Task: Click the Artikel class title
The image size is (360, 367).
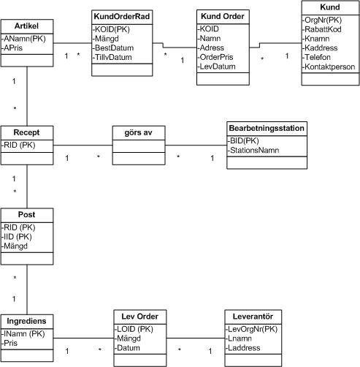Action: point(26,26)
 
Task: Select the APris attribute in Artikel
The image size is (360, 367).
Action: point(12,48)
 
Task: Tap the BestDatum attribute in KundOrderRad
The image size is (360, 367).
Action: point(113,48)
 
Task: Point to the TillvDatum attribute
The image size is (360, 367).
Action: point(112,58)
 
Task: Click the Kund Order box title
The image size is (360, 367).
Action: point(223,16)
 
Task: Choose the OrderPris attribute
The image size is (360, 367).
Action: point(215,57)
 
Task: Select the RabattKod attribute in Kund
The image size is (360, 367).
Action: point(322,29)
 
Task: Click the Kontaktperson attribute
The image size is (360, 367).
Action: point(329,67)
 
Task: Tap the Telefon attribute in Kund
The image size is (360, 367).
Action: point(316,57)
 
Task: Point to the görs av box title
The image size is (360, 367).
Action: point(138,132)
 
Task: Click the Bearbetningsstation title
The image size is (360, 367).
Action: point(267,128)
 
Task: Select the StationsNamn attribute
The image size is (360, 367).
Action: point(253,151)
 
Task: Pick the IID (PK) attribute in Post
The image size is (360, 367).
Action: point(17,237)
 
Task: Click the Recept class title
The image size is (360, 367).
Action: point(26,132)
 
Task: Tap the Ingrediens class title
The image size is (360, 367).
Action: point(26,321)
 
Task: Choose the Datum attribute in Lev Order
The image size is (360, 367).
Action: point(127,348)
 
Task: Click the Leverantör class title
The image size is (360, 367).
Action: point(253,317)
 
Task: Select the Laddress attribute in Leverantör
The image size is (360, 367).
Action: point(242,348)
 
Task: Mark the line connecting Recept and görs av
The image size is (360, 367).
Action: point(83,145)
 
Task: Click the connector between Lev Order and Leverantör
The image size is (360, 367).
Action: point(196,338)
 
